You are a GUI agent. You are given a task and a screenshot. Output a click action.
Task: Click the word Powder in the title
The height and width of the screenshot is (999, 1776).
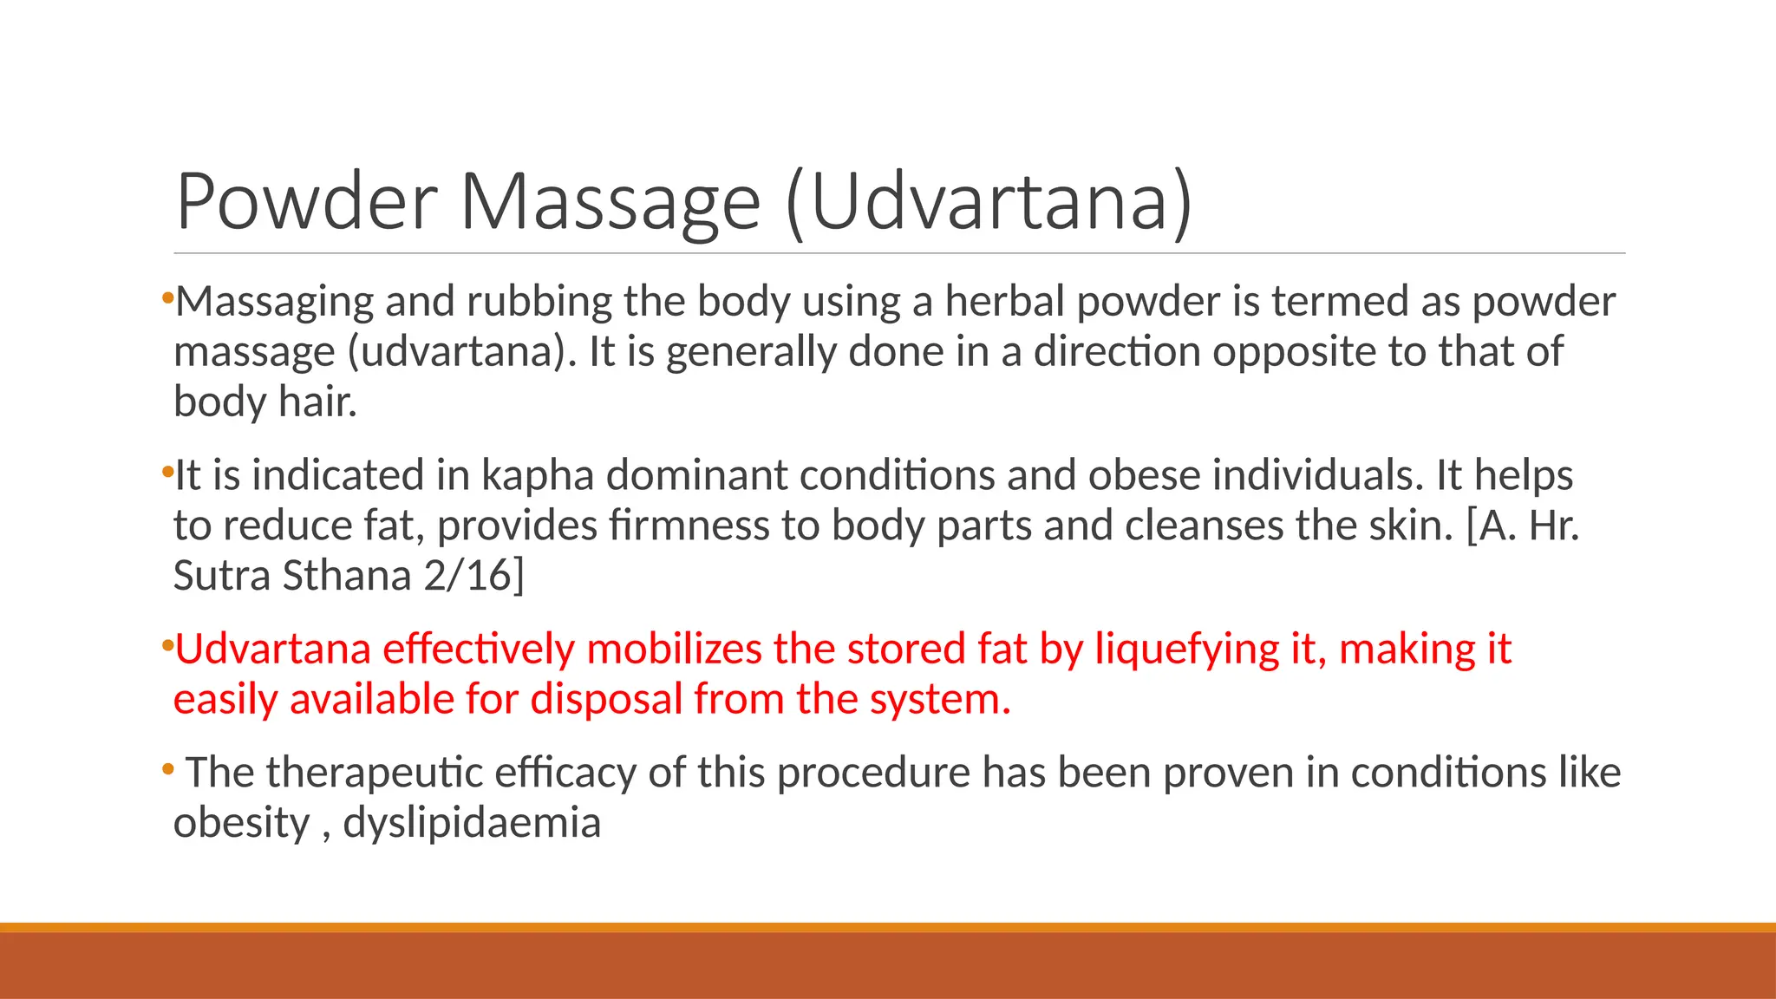tap(306, 202)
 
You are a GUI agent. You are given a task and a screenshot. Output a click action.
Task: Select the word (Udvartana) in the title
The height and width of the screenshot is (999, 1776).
tap(989, 202)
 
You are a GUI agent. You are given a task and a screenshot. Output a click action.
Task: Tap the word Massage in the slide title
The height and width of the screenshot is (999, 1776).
tap(610, 202)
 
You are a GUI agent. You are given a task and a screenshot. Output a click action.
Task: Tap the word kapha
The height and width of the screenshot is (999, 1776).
tap(537, 475)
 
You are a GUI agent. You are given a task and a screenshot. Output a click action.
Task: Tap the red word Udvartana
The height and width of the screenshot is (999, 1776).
tap(272, 650)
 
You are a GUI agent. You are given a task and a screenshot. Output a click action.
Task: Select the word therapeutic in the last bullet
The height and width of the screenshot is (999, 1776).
tap(374, 773)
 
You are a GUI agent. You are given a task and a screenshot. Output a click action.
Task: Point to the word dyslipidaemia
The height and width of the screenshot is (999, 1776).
tap(472, 823)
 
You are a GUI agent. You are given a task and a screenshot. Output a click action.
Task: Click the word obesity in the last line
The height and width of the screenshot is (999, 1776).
tap(241, 823)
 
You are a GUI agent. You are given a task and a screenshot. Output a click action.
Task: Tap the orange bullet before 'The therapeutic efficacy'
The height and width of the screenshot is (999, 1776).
tap(168, 769)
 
